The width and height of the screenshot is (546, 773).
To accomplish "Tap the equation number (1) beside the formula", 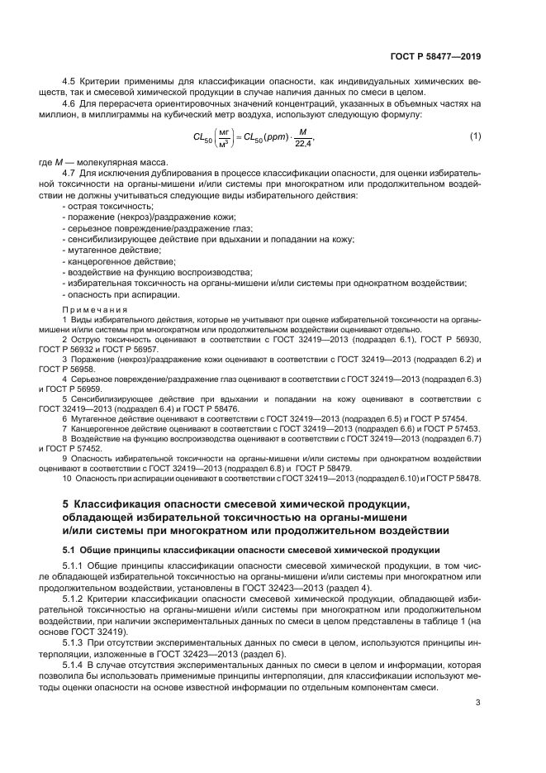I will (x=475, y=135).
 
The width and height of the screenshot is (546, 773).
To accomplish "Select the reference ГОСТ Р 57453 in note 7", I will (x=453, y=429).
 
